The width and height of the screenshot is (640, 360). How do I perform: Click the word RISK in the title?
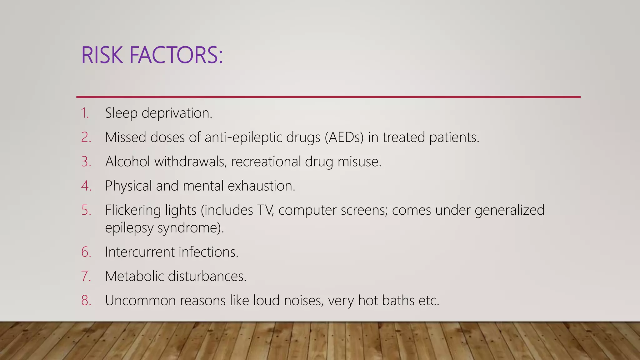pos(102,55)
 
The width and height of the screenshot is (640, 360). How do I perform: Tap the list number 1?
pos(85,113)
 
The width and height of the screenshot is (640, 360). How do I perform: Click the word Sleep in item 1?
pos(121,113)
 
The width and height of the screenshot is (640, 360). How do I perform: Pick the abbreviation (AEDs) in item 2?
pos(344,137)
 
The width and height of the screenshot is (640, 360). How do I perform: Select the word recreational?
pos(266,162)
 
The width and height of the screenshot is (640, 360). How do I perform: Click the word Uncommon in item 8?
pos(140,301)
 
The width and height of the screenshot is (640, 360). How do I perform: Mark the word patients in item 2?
pos(454,137)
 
